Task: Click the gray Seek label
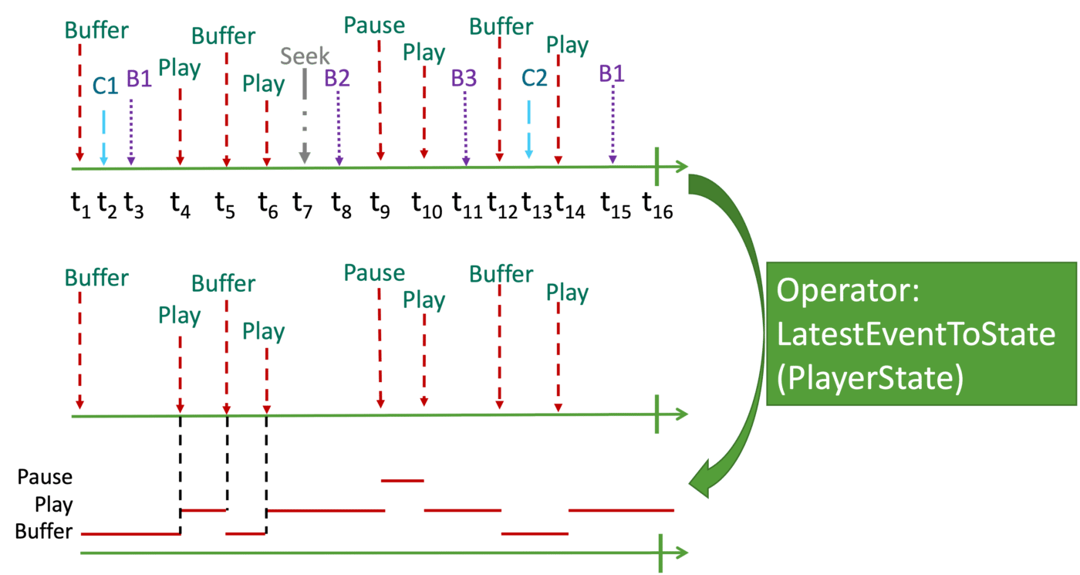[x=305, y=56]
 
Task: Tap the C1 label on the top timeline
[x=105, y=86]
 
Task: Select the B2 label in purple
[x=336, y=78]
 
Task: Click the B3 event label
[x=464, y=78]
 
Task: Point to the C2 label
[x=534, y=78]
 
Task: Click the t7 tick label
[x=302, y=205]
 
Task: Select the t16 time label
[x=657, y=205]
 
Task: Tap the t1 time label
[x=81, y=205]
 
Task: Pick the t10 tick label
[x=427, y=205]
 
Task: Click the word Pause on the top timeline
[x=374, y=25]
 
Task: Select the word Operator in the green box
[x=848, y=290]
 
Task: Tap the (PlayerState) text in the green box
[x=870, y=377]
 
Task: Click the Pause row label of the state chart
[x=45, y=477]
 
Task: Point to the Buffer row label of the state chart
[x=44, y=531]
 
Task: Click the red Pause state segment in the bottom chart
[x=403, y=480]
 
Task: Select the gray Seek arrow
[x=305, y=116]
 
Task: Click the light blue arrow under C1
[x=103, y=138]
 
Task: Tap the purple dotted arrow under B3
[x=465, y=129]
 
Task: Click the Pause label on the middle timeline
[x=374, y=273]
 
